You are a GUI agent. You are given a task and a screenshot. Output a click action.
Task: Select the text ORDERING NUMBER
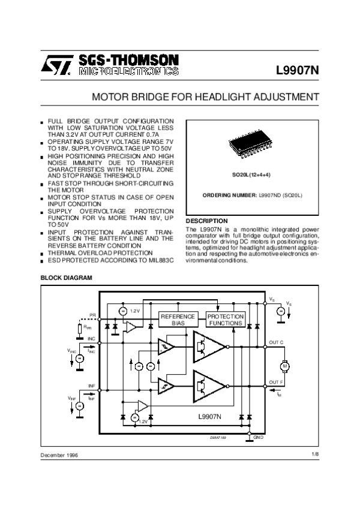point(230,196)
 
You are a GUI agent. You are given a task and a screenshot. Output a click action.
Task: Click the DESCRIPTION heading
point(207,221)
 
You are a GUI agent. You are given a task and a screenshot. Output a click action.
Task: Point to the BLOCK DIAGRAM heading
point(66,278)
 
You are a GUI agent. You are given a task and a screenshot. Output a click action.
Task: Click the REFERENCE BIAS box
point(178,320)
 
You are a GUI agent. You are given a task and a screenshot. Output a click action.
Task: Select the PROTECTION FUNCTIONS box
point(225,320)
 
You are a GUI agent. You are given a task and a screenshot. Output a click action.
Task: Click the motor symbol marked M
point(285,366)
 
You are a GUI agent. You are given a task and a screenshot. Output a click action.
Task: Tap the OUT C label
point(276,342)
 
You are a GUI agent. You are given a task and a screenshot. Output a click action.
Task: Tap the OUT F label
point(276,382)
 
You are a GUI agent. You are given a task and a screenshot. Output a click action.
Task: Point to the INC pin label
point(92,339)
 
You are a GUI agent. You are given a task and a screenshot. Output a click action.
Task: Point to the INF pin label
point(92,385)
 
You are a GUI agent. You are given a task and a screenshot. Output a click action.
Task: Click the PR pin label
point(92,314)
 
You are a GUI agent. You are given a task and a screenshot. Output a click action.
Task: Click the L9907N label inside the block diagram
point(210,416)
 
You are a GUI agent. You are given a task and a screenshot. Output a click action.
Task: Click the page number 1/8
point(316,455)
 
